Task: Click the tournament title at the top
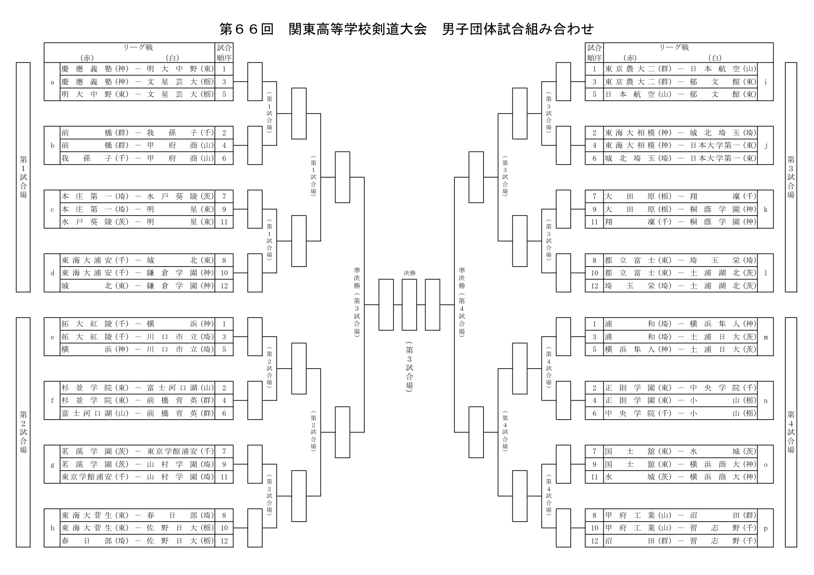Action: (x=407, y=29)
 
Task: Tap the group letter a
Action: (x=52, y=82)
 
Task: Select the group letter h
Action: (x=52, y=528)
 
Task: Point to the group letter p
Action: (x=765, y=528)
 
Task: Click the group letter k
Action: (x=765, y=209)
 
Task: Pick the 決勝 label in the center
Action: (x=409, y=273)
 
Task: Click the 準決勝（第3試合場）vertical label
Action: (x=356, y=301)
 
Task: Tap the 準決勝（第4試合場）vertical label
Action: (x=462, y=301)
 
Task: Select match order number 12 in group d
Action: (x=224, y=286)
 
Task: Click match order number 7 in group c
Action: (x=224, y=196)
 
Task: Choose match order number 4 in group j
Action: (x=594, y=146)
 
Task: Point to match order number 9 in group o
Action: (x=594, y=464)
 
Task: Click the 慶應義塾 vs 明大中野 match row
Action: (x=137, y=69)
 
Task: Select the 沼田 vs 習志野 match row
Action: (x=680, y=541)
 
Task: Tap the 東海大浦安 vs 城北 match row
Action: (x=137, y=260)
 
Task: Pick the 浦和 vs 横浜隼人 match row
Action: (x=680, y=324)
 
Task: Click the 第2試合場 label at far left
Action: (x=23, y=432)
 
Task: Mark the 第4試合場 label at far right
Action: (x=791, y=432)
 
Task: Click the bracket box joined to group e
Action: (x=255, y=337)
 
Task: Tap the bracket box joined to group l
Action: (x=563, y=273)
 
